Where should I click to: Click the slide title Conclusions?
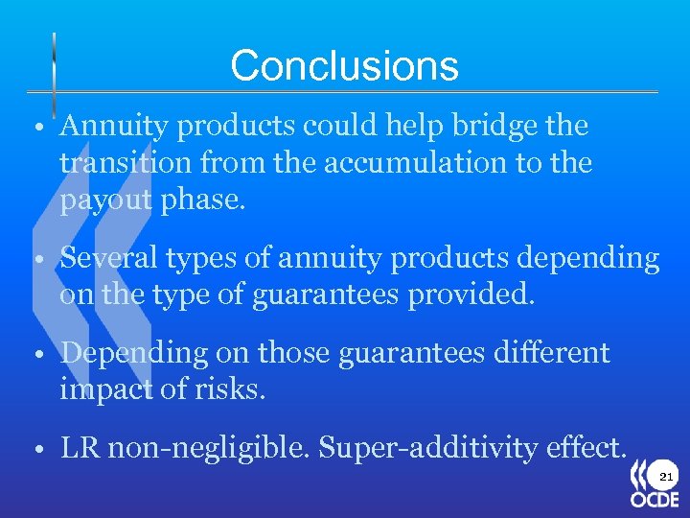(344, 66)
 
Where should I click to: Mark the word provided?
(471, 295)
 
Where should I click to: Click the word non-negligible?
(209, 447)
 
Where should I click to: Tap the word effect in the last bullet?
(586, 447)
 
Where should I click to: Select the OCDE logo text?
(655, 500)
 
